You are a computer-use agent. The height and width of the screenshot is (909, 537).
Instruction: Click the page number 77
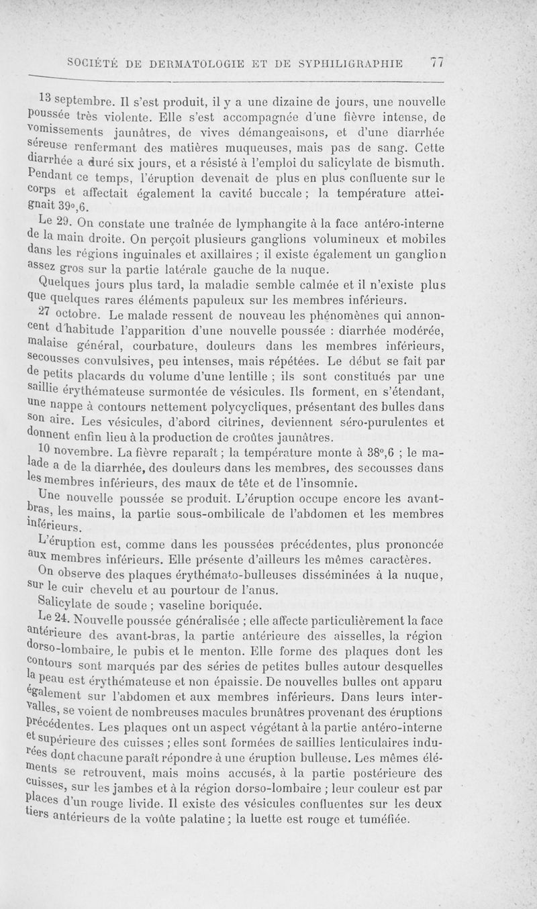pos(438,63)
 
